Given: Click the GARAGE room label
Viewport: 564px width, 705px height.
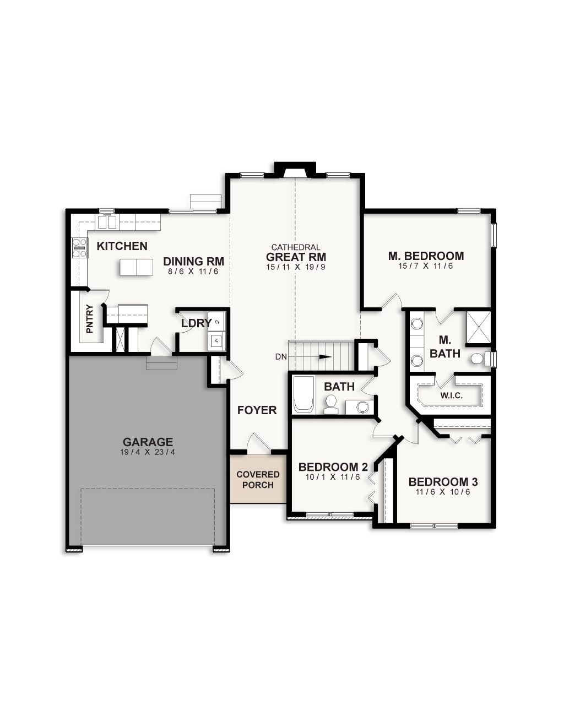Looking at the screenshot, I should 148,442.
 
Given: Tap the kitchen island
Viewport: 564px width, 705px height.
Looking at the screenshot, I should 137,267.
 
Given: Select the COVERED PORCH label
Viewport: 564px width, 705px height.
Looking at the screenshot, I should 258,479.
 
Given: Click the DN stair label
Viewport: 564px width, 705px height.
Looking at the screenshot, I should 281,357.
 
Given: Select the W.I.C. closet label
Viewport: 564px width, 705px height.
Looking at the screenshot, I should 451,395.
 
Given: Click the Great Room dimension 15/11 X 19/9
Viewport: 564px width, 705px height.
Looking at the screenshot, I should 296,267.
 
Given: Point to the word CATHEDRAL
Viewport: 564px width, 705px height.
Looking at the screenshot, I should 296,248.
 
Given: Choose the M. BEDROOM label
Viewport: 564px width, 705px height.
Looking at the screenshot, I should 426,256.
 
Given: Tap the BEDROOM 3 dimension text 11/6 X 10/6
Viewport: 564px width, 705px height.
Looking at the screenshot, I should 443,492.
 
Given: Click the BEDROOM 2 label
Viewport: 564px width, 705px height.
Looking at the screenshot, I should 333,467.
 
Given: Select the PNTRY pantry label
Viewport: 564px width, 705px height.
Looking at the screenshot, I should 90,319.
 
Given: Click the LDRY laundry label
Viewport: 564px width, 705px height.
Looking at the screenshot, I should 196,323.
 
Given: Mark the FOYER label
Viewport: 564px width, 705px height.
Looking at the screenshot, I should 257,410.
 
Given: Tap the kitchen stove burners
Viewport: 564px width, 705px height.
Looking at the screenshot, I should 80,247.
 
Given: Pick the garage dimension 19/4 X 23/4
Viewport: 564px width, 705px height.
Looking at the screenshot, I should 148,452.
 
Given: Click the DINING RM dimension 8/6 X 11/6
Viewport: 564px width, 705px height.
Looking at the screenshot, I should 193,272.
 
